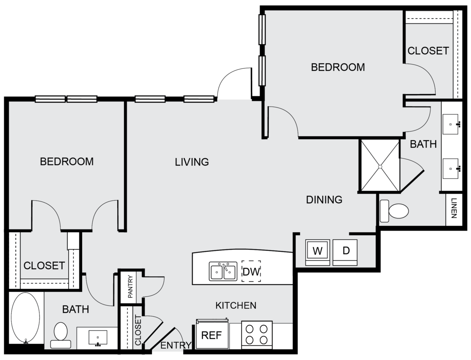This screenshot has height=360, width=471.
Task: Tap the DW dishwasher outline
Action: (x=251, y=271)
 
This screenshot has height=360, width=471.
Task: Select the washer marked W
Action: (x=317, y=252)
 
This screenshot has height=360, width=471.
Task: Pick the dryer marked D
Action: (x=345, y=252)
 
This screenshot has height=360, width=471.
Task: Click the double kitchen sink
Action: (x=223, y=271)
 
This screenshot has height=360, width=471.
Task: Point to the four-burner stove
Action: (x=257, y=335)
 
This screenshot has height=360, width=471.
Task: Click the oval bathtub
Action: (x=25, y=318)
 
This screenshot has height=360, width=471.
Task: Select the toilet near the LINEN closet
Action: (x=394, y=211)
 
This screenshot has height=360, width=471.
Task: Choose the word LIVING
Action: (x=192, y=162)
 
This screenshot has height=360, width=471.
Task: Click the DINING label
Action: (x=324, y=200)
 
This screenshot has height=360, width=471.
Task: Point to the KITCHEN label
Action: (x=236, y=305)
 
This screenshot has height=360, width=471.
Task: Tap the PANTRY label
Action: (x=130, y=287)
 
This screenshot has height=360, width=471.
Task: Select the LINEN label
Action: (x=454, y=208)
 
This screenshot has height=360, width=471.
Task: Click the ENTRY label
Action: (x=176, y=346)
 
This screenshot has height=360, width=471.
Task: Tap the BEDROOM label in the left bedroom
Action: (x=67, y=161)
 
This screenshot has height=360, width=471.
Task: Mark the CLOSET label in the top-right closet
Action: (x=428, y=51)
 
